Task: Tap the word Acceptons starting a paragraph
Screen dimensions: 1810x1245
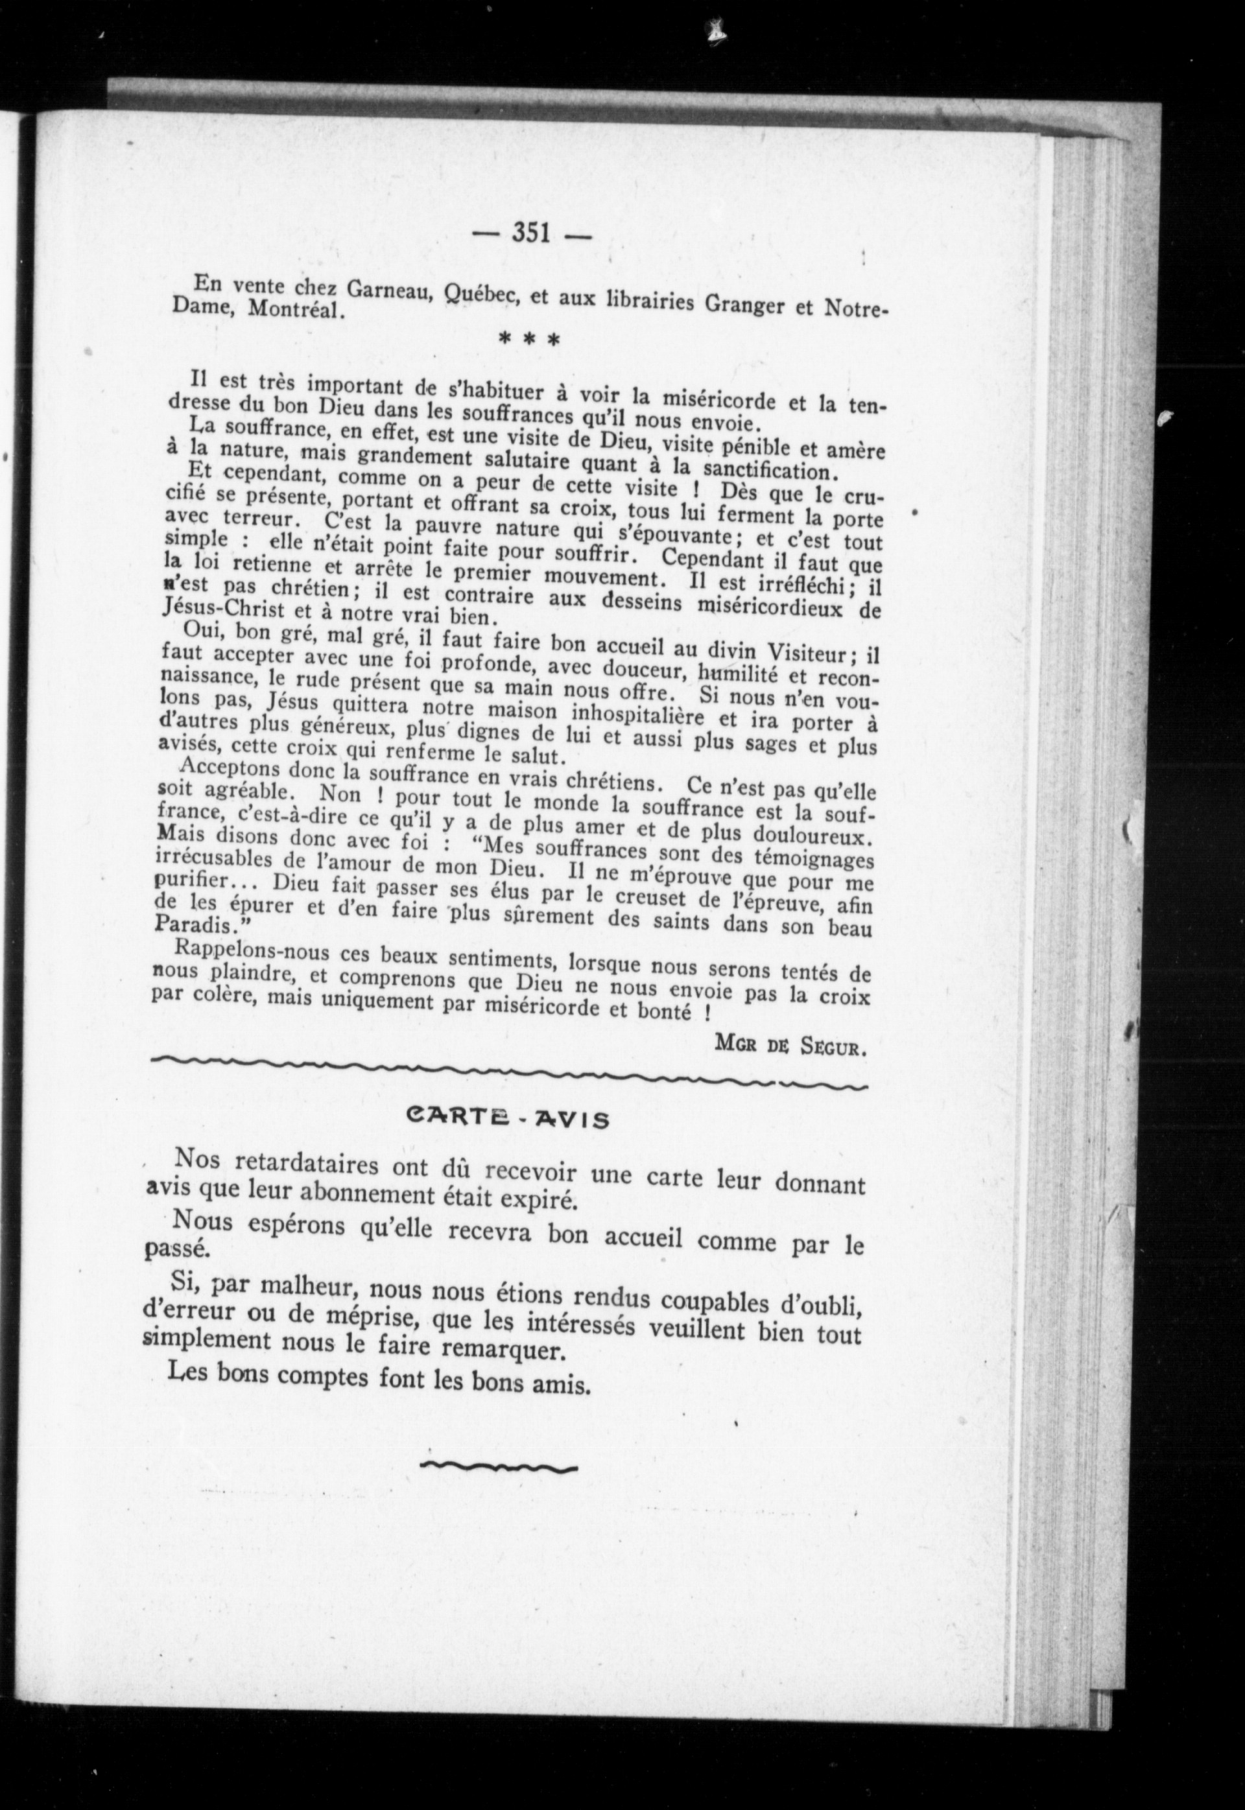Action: (x=230, y=769)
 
